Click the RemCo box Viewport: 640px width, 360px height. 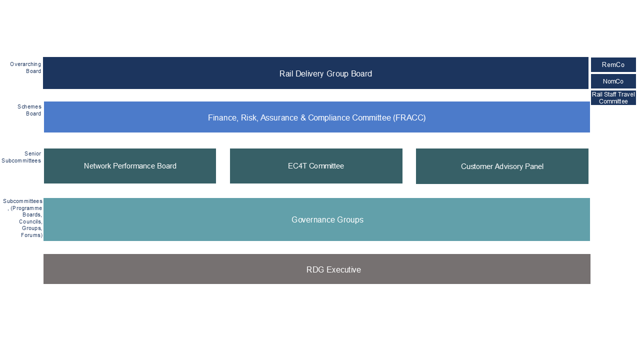(613, 65)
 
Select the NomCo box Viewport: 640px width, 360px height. (613, 81)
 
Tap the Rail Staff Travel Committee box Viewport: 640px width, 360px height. (613, 98)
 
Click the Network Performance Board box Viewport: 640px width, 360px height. (130, 166)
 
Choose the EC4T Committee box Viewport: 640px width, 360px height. (316, 166)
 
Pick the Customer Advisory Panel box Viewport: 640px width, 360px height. (502, 166)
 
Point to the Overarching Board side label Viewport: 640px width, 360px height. (25, 67)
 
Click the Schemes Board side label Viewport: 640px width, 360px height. (29, 110)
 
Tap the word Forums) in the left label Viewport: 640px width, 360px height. (31, 235)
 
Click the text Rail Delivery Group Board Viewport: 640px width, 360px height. (325, 74)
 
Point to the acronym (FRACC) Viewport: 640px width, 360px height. (409, 118)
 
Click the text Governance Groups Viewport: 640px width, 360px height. (327, 220)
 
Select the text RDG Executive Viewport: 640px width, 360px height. (333, 270)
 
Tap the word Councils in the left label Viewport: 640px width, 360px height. (30, 221)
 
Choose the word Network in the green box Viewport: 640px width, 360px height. (98, 166)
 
